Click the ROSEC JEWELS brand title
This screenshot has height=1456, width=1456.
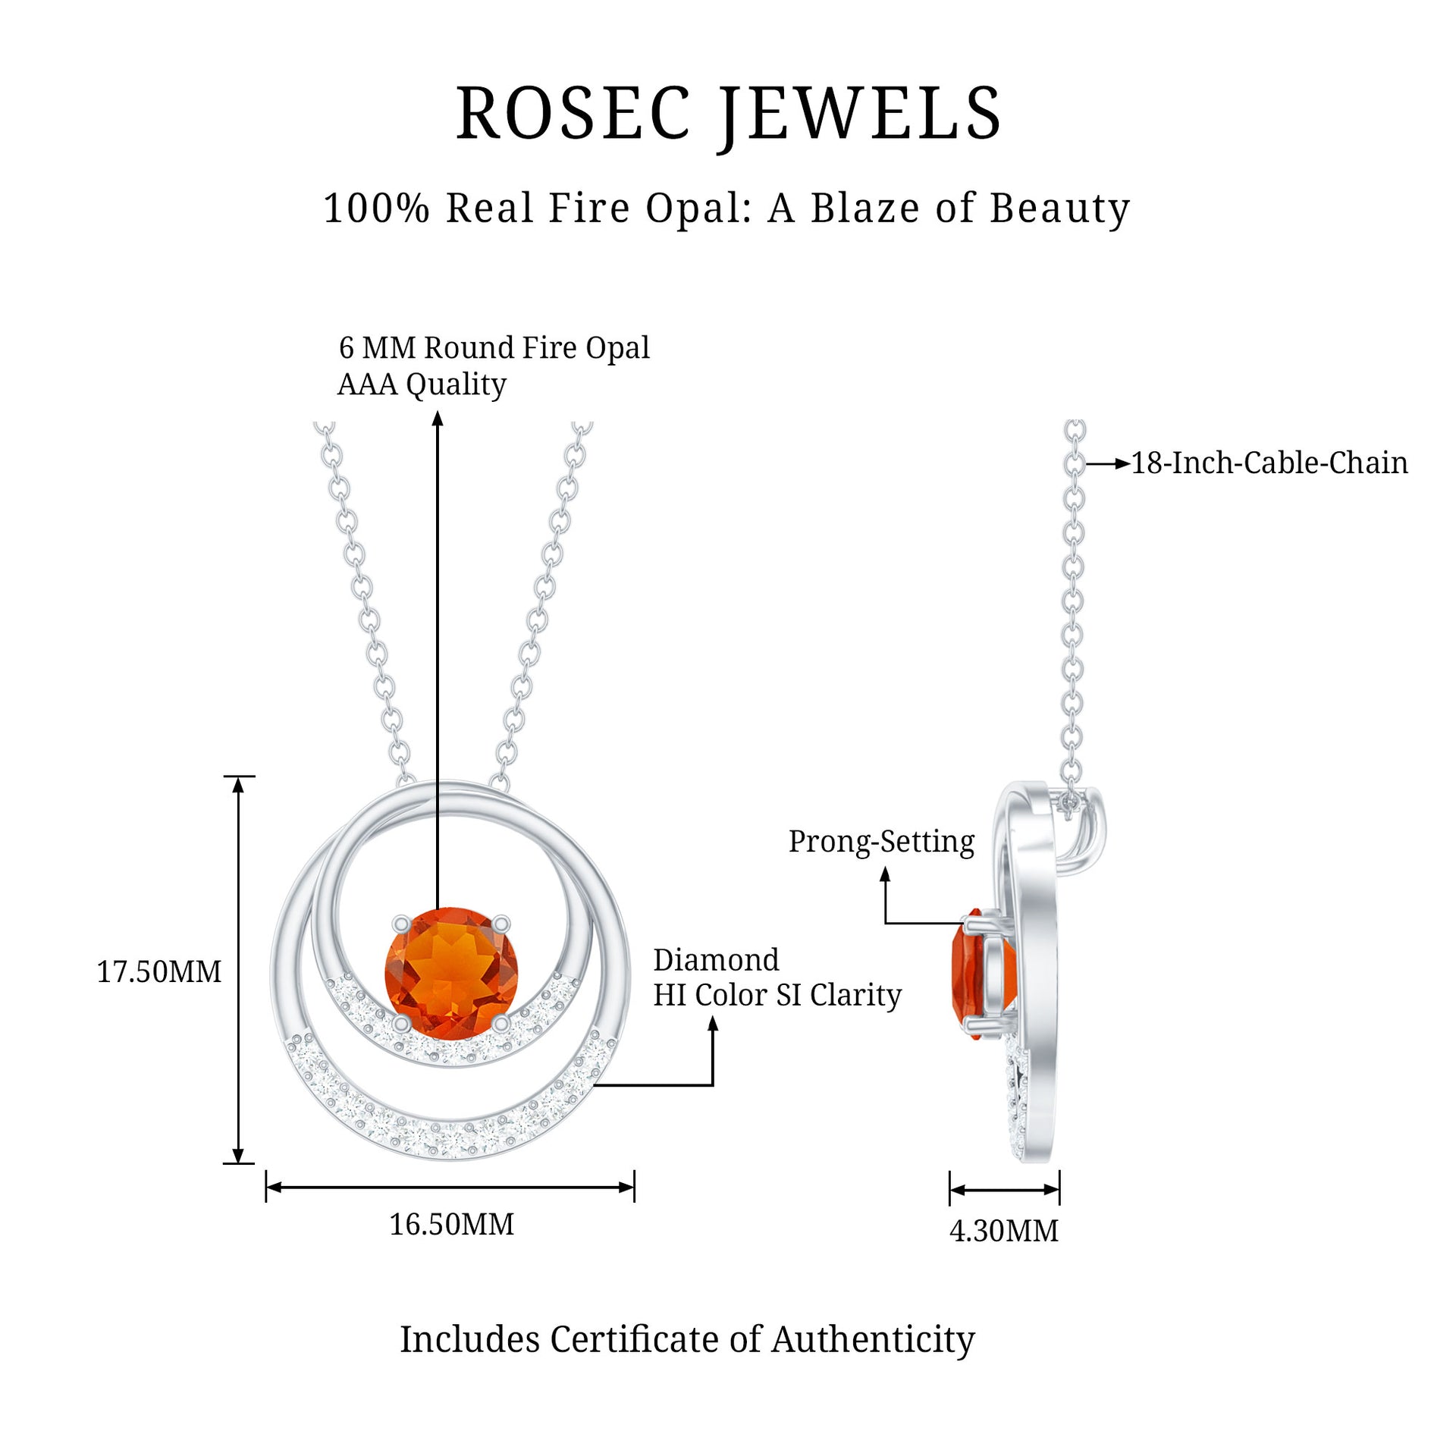(x=728, y=114)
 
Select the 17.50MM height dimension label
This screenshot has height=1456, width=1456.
(x=158, y=972)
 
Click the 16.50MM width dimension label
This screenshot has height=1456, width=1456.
(x=451, y=1224)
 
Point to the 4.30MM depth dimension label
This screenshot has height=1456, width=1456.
(x=1003, y=1231)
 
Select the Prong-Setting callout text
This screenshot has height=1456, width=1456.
(x=881, y=842)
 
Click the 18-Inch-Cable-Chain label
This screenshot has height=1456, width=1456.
(x=1269, y=463)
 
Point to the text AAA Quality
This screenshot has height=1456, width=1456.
(x=422, y=384)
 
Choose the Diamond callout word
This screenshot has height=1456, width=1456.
(x=716, y=960)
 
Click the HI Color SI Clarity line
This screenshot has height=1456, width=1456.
(x=777, y=995)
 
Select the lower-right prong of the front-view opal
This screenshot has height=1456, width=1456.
(x=500, y=1024)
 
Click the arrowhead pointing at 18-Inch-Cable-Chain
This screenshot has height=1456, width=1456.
(x=1123, y=463)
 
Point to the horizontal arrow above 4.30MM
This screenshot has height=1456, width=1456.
(x=1004, y=1190)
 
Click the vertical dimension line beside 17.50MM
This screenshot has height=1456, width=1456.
(x=238, y=971)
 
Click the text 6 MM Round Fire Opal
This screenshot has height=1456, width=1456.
(x=494, y=348)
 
